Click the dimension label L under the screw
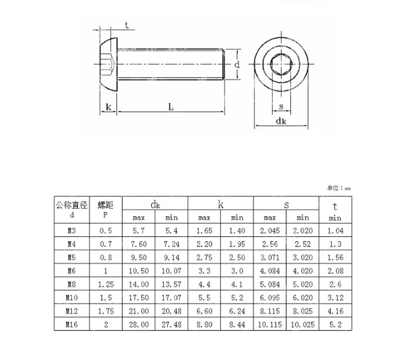[x=171, y=107]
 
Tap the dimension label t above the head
[x=127, y=25]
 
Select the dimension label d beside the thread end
[x=237, y=65]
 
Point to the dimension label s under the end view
[x=281, y=107]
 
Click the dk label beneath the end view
[x=280, y=121]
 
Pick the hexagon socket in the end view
[x=281, y=64]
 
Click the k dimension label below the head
[x=108, y=107]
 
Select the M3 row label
[x=71, y=231]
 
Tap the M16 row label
[x=71, y=324]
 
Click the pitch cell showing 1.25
[x=106, y=284]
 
